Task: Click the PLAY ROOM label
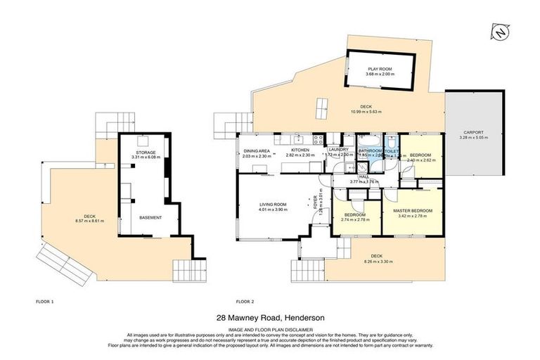tap(380, 69)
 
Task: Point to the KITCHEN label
tap(300, 150)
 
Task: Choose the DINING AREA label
tap(256, 150)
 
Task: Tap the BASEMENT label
tap(150, 217)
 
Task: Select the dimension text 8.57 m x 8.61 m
tap(89, 221)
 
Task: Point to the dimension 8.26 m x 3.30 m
tap(377, 261)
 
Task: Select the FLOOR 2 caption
tap(245, 301)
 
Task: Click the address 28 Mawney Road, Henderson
tap(270, 319)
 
